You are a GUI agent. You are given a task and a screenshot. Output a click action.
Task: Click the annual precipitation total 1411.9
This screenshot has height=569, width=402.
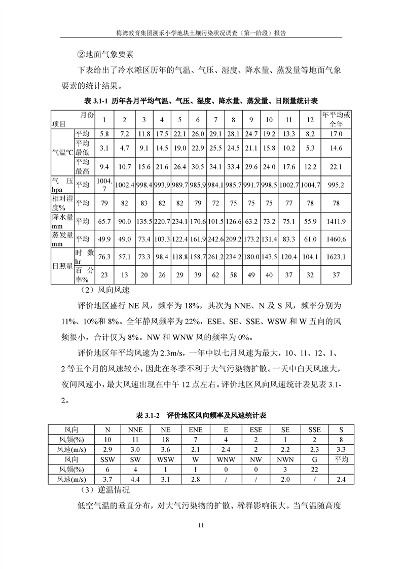click(x=336, y=221)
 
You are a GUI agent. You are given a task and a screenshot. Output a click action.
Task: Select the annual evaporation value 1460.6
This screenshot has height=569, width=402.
click(x=336, y=239)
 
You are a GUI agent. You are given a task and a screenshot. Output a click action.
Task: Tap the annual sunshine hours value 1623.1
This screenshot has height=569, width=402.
click(x=336, y=257)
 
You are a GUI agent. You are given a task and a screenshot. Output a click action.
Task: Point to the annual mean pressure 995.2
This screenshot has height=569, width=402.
click(x=336, y=185)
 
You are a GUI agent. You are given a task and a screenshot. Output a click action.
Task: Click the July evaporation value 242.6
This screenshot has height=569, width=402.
click(x=215, y=239)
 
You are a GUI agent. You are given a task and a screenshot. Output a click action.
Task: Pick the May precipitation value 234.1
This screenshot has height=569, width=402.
click(x=179, y=221)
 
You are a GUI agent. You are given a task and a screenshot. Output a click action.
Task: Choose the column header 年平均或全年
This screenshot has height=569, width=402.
click(x=336, y=120)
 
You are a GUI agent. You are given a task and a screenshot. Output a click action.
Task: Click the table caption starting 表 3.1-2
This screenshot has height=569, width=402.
click(x=201, y=415)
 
